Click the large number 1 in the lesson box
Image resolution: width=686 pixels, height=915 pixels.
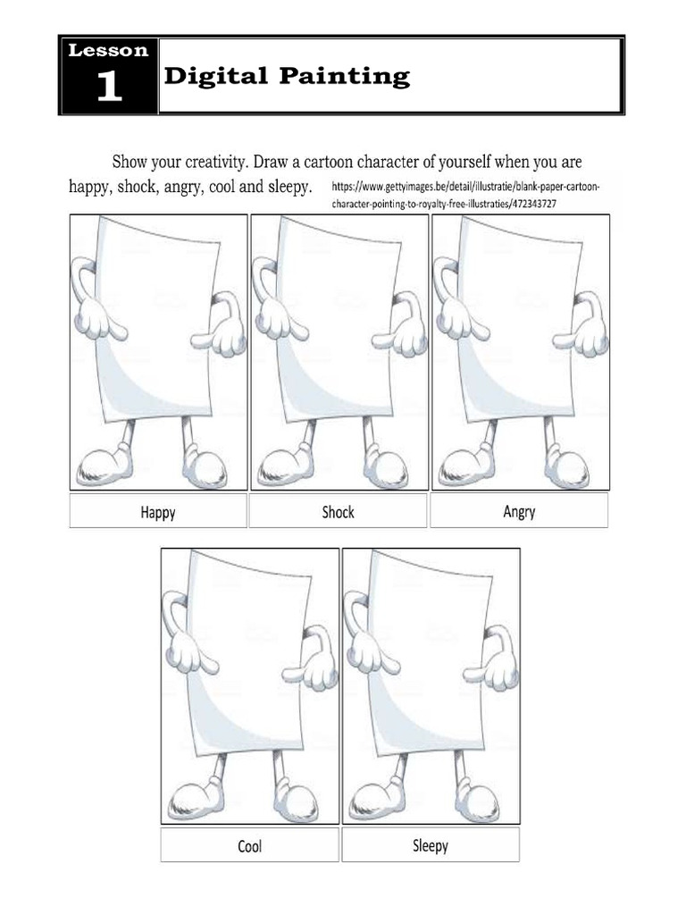point(108,87)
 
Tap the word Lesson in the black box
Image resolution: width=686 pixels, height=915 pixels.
point(108,51)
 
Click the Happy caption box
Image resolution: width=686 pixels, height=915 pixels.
point(157,512)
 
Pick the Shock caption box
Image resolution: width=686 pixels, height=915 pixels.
point(338,512)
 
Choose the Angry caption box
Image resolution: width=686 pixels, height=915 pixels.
point(519,511)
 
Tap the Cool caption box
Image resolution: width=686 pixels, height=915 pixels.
point(249,845)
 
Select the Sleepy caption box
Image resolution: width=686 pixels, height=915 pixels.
point(430,844)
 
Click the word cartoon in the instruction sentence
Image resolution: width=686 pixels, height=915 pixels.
point(388,163)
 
